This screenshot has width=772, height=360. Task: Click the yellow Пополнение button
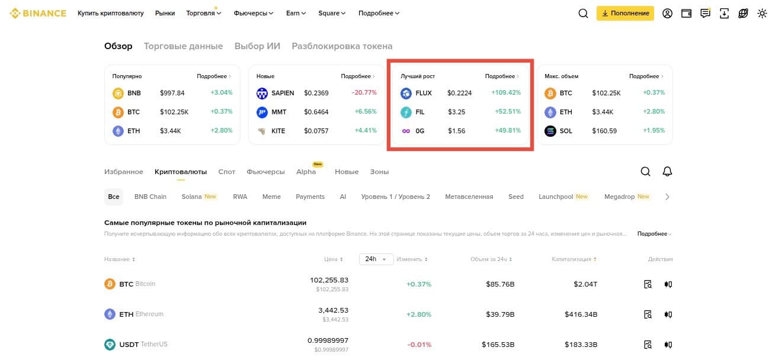pos(625,13)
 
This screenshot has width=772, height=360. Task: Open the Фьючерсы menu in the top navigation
pos(254,13)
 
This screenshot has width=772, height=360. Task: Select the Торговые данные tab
pos(183,46)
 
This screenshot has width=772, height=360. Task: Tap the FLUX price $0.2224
pos(459,93)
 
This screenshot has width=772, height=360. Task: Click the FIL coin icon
pos(406,112)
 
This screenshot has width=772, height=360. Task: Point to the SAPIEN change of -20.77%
pos(364,93)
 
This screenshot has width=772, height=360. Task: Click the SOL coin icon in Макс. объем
pos(550,131)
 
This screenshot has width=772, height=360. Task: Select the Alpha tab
pos(306,172)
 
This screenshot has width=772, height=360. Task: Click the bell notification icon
pos(667,172)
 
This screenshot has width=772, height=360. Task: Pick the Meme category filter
pos(271,197)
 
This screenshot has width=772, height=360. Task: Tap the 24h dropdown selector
pos(376,259)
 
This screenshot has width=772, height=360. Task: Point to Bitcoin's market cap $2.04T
pos(585,284)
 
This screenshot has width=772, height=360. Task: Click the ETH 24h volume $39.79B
pos(500,314)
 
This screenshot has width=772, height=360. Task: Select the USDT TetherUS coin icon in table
pos(110,345)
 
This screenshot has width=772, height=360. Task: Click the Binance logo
pos(38,14)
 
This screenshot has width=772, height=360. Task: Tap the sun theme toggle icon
pos(762,14)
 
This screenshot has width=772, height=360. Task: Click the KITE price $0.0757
pos(316,131)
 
